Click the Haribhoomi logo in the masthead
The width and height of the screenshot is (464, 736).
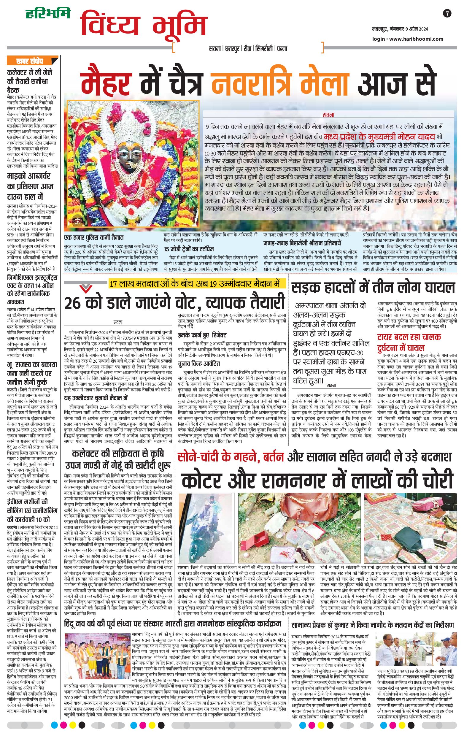(x=47, y=13)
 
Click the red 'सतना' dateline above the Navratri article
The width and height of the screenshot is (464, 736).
(x=329, y=115)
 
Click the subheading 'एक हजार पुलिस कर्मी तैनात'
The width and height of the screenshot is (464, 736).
(x=93, y=237)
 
